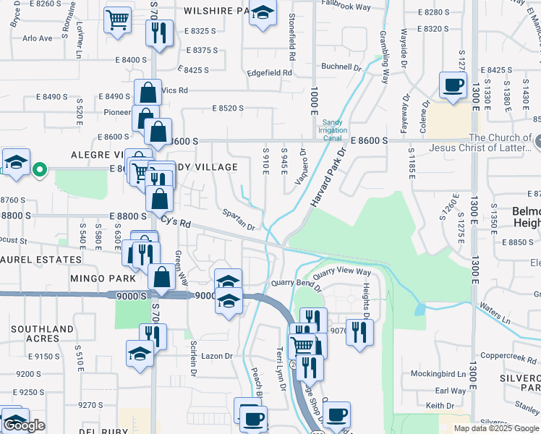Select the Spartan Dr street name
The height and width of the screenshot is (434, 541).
coord(239,221)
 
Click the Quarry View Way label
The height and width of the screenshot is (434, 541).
coord(342,273)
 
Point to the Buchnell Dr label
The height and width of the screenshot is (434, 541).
coord(341,67)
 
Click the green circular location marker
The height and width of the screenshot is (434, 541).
coord(41,171)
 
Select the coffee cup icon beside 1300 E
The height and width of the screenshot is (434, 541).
coord(453,85)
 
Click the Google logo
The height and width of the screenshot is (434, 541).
coord(23,425)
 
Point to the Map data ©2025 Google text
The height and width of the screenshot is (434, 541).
coord(496,428)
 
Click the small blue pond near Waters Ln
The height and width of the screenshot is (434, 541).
coord(421,309)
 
